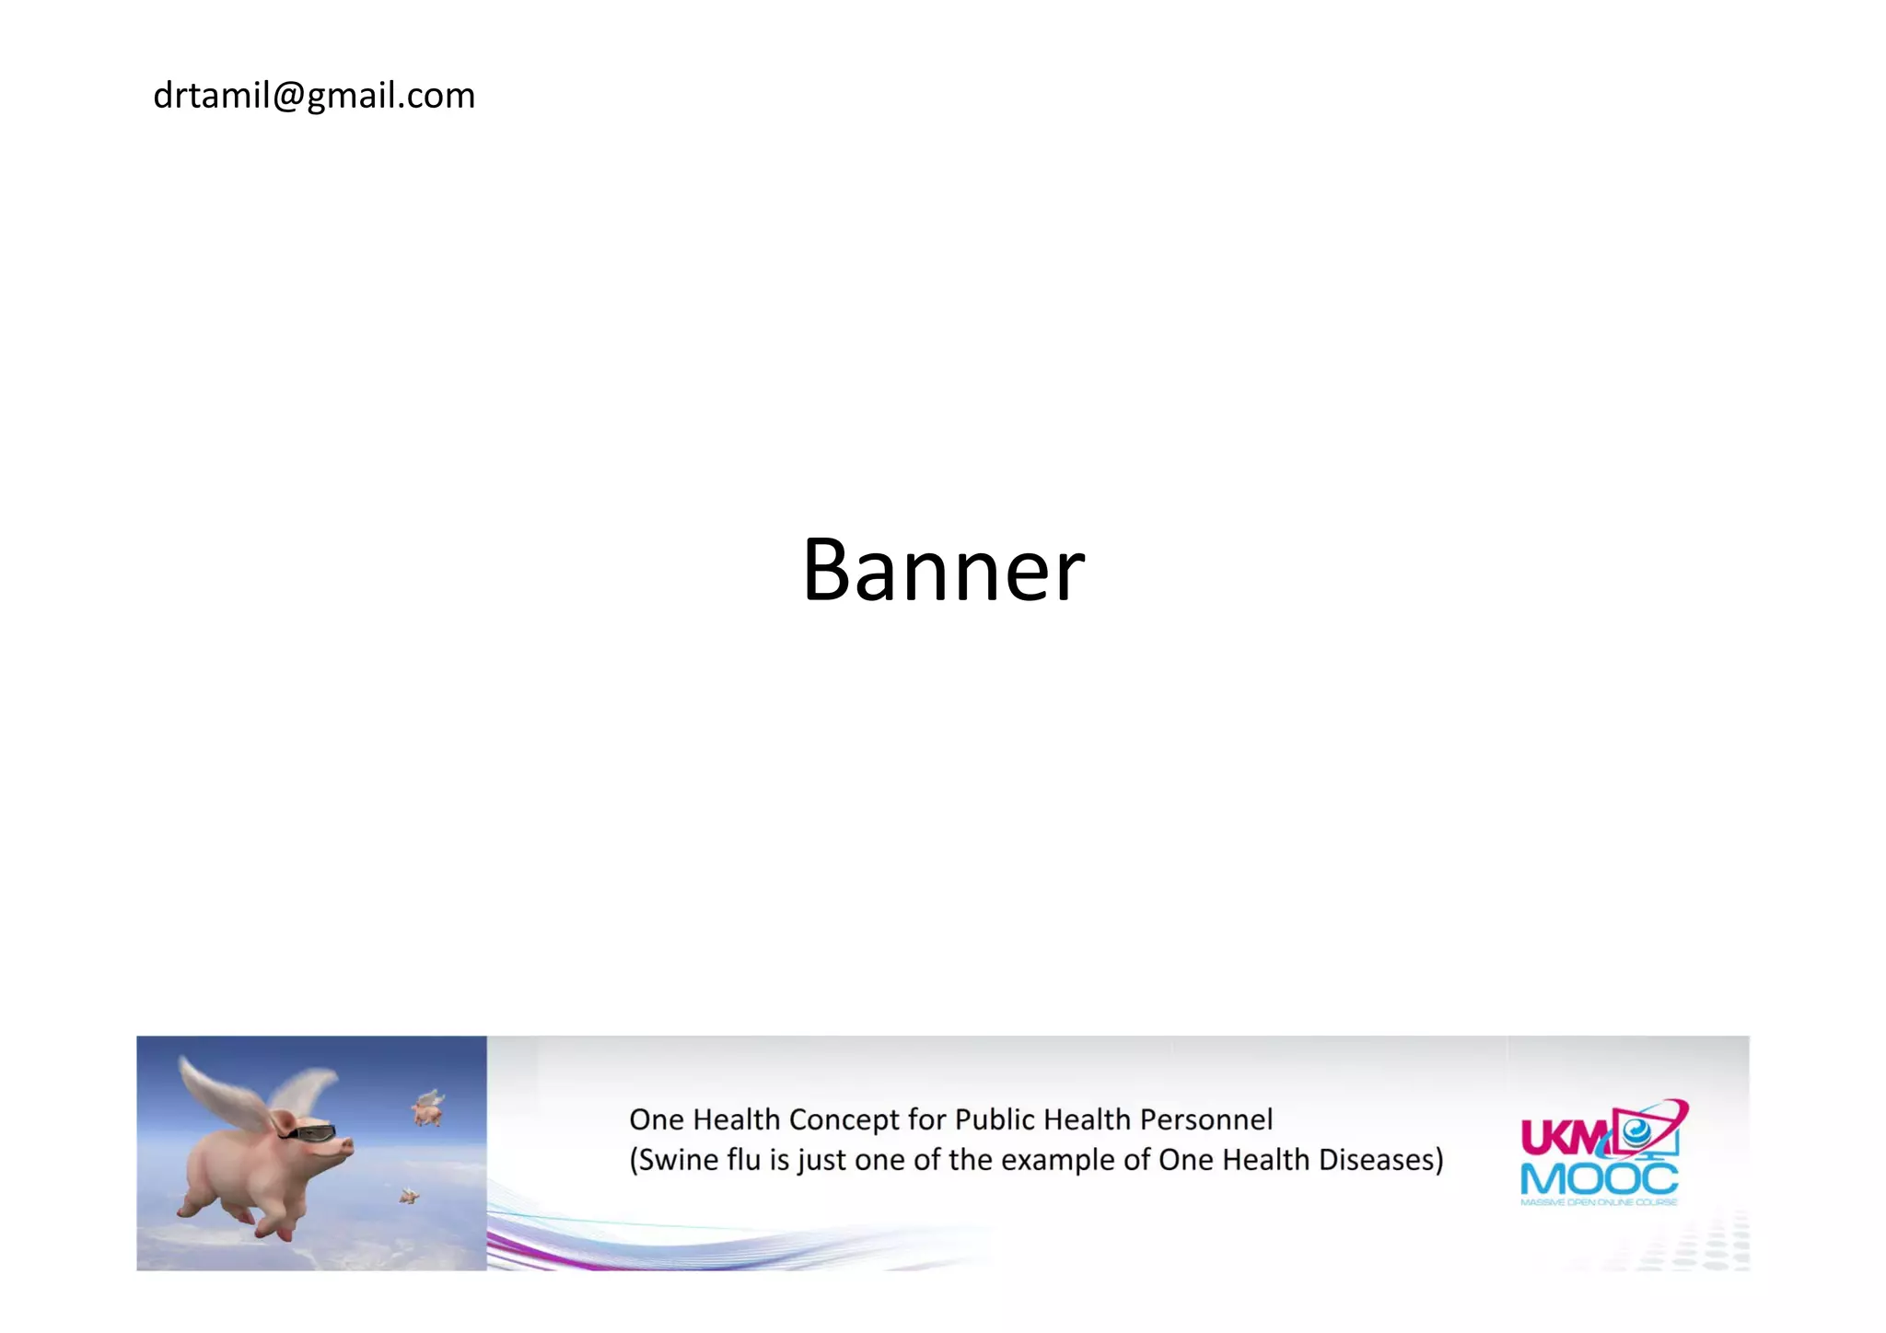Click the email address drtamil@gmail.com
(314, 96)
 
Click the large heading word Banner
(943, 570)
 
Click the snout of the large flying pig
(347, 1147)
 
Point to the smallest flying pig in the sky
(409, 1196)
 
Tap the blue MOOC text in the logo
(1599, 1179)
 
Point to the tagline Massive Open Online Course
(1599, 1201)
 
